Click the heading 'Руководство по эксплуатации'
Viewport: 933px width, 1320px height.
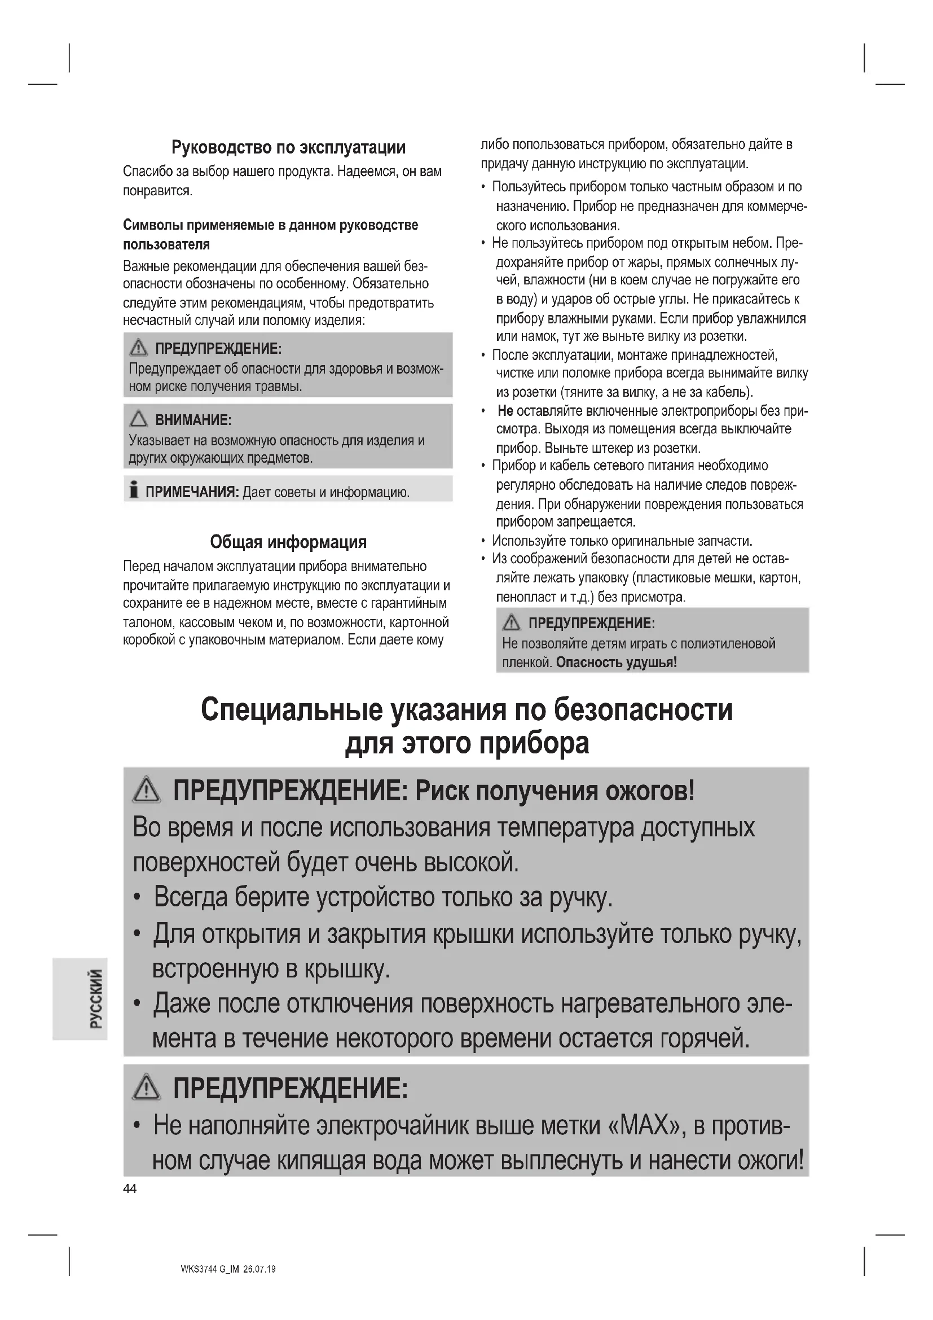point(288,148)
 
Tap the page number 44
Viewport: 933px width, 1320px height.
point(130,1189)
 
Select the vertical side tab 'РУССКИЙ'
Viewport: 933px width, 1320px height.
point(96,999)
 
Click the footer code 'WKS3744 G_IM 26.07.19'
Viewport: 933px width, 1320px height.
point(228,1269)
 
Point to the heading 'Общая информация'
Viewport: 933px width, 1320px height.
point(288,542)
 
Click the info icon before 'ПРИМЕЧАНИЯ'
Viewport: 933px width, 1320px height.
point(134,489)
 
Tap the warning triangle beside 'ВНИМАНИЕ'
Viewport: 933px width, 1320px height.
point(139,419)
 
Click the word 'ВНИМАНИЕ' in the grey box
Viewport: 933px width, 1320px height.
point(192,420)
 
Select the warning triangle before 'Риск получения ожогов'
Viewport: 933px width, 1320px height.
point(147,791)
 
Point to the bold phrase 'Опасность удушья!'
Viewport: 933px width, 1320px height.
point(617,663)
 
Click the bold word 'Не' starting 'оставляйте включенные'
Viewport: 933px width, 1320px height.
point(505,411)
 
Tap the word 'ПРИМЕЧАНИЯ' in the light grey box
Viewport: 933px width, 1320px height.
point(191,492)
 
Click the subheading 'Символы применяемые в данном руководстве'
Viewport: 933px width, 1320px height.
point(271,225)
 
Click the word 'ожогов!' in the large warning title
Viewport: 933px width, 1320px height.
point(649,792)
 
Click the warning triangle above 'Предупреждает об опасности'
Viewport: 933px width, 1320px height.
point(138,348)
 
